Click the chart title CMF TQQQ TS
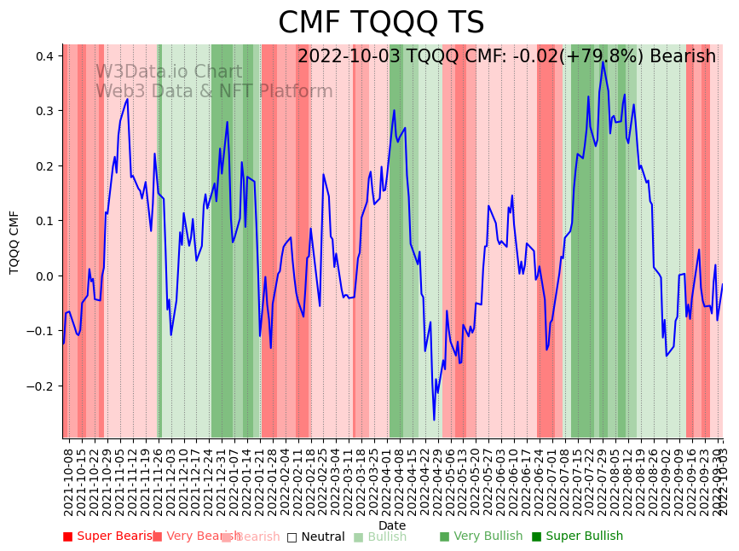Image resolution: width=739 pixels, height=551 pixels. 381,23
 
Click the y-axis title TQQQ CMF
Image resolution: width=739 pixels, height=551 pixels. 14,241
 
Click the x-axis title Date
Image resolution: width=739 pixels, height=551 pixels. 392,525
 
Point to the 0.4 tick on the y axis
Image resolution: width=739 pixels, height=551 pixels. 43,56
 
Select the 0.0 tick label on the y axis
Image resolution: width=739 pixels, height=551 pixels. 43,276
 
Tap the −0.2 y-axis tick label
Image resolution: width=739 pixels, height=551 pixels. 40,386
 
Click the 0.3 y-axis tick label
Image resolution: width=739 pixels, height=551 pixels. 43,111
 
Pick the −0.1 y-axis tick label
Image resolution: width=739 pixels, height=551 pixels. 40,331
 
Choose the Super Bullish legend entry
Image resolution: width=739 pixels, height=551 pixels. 577,536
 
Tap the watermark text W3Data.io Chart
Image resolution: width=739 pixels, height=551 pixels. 168,72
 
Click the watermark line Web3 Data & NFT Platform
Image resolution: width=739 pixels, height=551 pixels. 214,92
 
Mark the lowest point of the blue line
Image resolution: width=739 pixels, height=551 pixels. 434,420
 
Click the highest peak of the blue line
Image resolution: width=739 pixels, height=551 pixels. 603,61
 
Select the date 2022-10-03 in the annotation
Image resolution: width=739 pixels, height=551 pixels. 344,57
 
